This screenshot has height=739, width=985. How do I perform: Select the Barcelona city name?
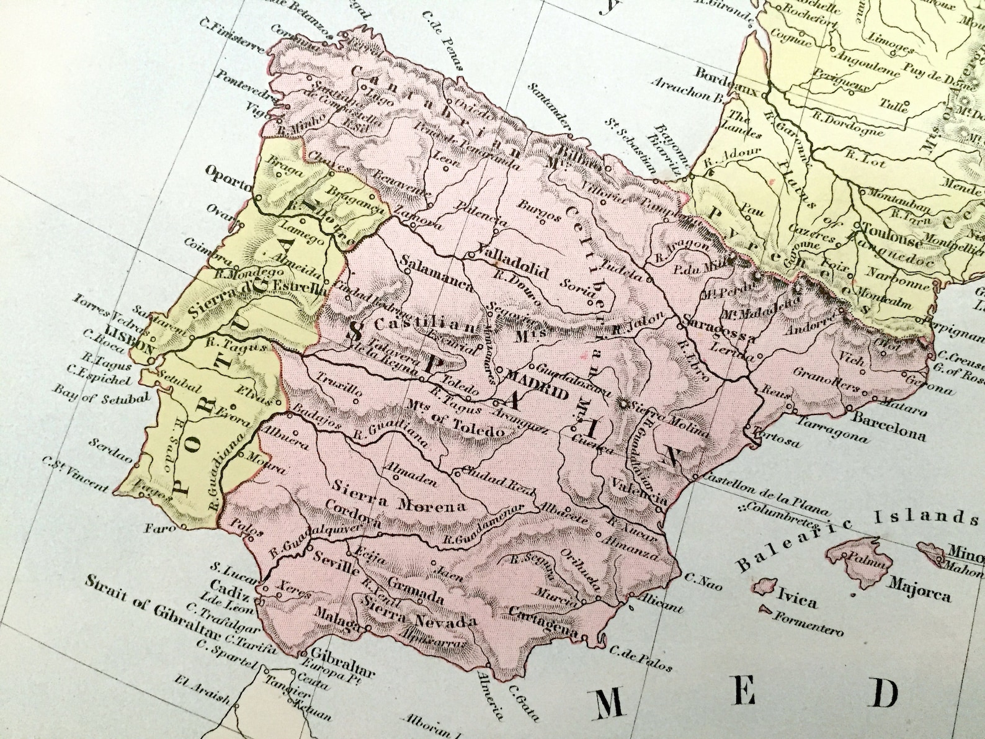tap(888, 426)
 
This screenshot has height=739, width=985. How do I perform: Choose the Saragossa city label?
tap(720, 329)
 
